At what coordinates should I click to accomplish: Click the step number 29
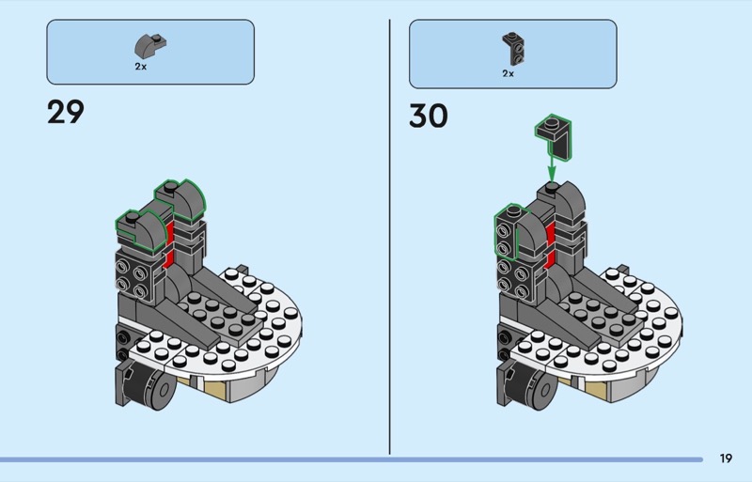click(65, 113)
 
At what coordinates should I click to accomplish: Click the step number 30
click(429, 116)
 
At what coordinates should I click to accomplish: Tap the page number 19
click(726, 459)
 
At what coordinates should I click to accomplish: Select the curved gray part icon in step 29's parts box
click(150, 44)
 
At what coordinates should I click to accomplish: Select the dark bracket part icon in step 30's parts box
click(511, 44)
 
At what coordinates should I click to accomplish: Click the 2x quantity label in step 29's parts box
click(141, 68)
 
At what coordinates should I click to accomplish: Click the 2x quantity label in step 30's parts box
click(508, 72)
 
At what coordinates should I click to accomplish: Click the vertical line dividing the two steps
click(389, 235)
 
